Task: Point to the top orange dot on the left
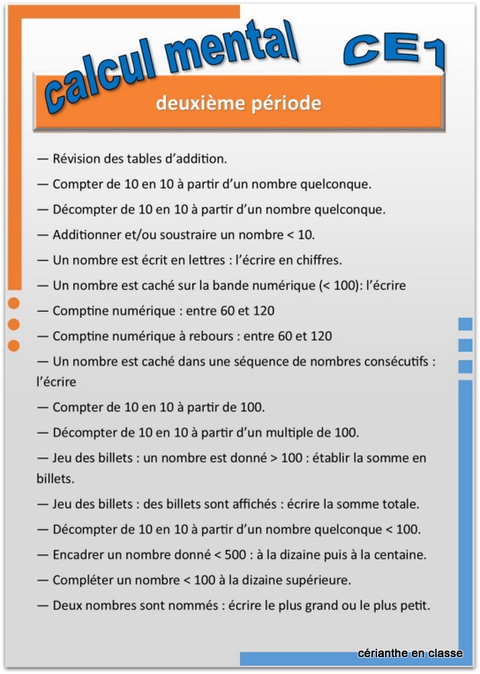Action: click(x=13, y=304)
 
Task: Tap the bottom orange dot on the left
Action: click(x=13, y=345)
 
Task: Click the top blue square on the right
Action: click(x=465, y=324)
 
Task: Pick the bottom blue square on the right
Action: click(x=465, y=366)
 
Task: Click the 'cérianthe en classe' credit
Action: click(x=410, y=653)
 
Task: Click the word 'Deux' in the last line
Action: click(x=67, y=605)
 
